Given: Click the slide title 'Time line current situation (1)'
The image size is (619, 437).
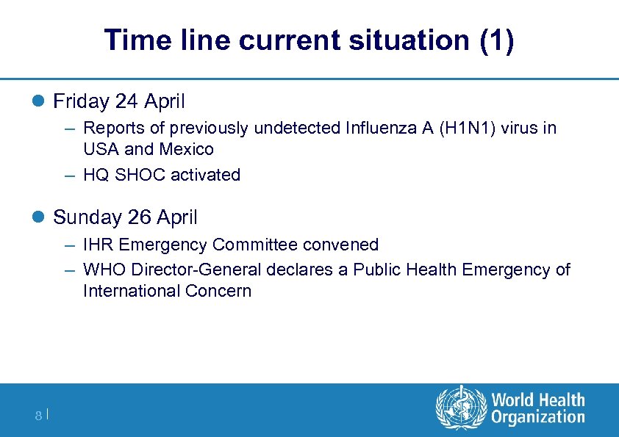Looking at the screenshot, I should tap(309, 40).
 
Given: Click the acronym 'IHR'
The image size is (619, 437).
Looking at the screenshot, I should tap(99, 245).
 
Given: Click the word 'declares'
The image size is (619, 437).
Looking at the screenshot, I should tap(299, 270).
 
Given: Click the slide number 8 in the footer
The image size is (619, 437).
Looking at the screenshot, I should tap(38, 416).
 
